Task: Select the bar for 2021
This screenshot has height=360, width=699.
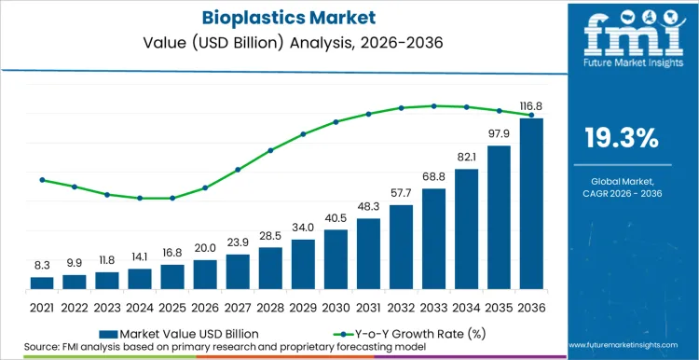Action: click(42, 283)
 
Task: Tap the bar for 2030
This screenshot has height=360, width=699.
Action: click(336, 258)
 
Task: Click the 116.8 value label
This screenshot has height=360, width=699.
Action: click(531, 107)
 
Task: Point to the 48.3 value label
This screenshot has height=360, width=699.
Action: click(368, 206)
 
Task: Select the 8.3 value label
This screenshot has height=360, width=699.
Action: click(42, 265)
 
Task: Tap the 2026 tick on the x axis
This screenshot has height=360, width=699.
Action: click(205, 307)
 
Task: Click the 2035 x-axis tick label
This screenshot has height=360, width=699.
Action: click(499, 307)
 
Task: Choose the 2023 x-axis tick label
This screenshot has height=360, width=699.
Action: click(107, 307)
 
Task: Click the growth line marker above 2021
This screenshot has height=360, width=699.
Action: click(42, 180)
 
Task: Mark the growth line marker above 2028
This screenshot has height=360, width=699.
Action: click(270, 150)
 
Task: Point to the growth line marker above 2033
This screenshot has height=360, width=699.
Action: click(433, 105)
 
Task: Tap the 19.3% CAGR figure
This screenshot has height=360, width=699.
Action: click(621, 139)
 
